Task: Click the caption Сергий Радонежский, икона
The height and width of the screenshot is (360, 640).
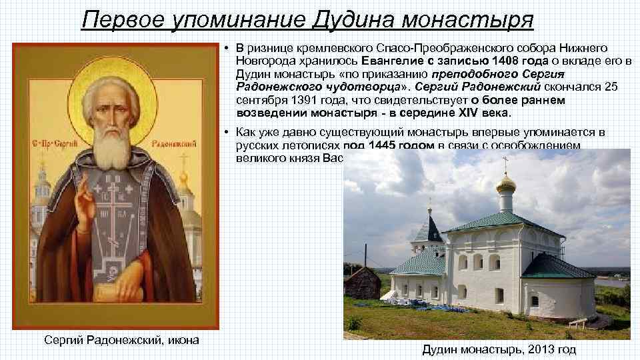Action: (121, 341)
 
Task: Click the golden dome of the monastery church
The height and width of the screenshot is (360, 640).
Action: (506, 183)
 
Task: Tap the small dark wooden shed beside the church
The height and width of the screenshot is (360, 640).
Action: (362, 283)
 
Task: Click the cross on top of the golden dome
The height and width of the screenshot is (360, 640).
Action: (505, 163)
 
